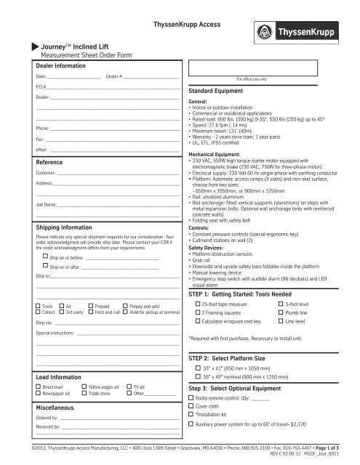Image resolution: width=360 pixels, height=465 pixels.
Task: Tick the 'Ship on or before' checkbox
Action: [44, 257]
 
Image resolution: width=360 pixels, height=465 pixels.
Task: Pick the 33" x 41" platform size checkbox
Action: [197, 369]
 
